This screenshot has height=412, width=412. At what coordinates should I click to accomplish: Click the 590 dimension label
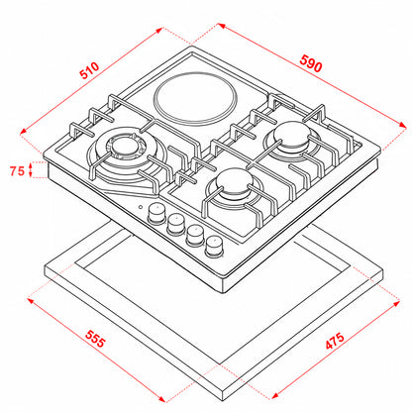coord(311,63)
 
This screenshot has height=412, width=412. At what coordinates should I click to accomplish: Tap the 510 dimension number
coord(89,70)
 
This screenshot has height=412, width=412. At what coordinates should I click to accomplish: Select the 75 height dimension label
coord(17,171)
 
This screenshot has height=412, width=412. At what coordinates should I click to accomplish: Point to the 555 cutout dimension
coord(95,339)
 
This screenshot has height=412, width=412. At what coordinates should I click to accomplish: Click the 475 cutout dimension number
coord(335,341)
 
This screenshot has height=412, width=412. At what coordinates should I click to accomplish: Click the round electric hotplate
coord(195,100)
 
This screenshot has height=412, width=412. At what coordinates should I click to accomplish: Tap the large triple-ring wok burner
coord(127,156)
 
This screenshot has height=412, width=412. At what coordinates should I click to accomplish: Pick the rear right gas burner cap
coord(292,134)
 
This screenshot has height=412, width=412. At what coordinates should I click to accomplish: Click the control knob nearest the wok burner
coord(156,214)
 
